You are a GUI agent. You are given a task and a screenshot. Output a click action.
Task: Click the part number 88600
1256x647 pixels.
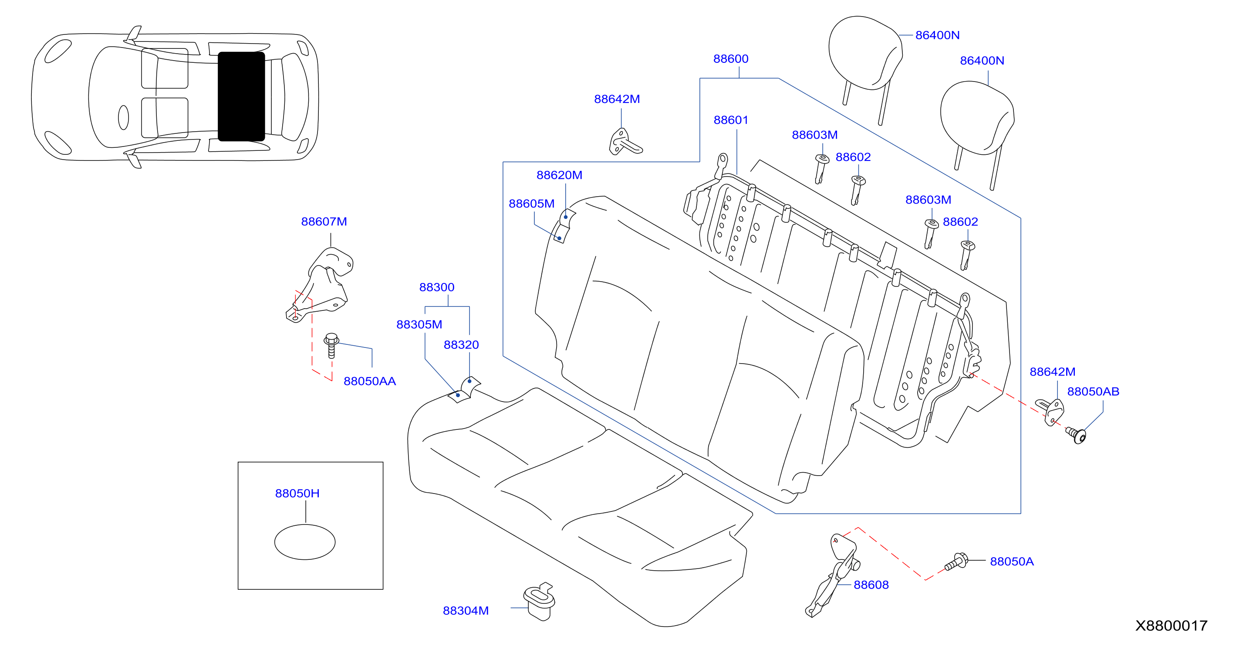(730, 59)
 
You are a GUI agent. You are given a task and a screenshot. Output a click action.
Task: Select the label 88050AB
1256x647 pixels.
(1093, 392)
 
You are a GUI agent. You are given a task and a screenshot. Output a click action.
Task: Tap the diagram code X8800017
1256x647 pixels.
(1171, 626)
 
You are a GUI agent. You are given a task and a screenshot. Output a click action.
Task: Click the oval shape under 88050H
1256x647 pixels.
(305, 541)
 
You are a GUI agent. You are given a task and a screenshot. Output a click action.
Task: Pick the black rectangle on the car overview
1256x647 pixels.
(241, 97)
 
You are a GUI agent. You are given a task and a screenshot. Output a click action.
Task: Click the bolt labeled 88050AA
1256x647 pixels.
(331, 345)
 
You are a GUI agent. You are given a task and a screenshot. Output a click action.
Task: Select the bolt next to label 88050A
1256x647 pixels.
(956, 562)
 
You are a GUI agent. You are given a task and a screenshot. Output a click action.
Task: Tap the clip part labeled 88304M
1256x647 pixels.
(539, 601)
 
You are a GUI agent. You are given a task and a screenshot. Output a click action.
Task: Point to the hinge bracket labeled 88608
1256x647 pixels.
(833, 576)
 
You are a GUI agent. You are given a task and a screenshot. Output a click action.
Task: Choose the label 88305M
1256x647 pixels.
(419, 324)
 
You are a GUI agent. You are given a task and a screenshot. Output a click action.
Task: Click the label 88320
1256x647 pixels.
(461, 345)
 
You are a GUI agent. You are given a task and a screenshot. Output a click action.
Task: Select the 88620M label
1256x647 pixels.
(559, 175)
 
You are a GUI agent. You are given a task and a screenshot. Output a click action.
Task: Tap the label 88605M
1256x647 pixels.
(531, 204)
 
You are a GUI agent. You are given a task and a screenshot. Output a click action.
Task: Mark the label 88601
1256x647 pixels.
(730, 120)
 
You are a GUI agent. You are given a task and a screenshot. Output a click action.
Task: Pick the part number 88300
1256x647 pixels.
(436, 287)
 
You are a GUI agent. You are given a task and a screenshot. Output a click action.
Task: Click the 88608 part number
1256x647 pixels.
(871, 585)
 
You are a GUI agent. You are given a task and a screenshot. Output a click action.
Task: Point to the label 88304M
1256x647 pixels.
(466, 610)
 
